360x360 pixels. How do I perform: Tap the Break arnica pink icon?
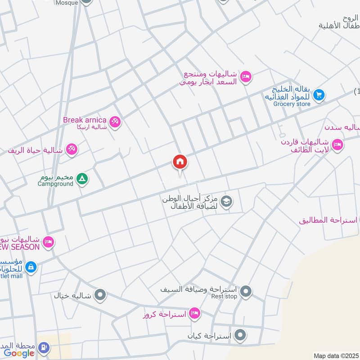tap(115, 121)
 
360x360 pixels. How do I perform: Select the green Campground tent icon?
tap(82, 179)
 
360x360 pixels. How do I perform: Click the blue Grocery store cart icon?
tap(319, 94)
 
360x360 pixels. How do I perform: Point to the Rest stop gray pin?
tap(245, 292)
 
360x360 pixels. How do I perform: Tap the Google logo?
tap(19, 353)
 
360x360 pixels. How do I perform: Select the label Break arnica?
tap(85, 120)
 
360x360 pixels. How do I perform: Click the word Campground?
tap(55, 184)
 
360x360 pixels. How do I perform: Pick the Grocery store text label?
tap(292, 104)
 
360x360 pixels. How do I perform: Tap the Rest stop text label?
tap(224, 297)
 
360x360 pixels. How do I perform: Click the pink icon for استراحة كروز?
tap(194, 314)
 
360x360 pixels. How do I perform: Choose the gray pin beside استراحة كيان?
tap(241, 335)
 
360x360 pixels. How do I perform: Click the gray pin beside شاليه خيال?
tap(100, 295)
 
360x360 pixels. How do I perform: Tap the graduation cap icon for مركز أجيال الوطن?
tap(227, 201)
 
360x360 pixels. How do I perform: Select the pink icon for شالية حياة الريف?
tap(72, 149)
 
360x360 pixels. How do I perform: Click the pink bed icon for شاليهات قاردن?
tap(337, 144)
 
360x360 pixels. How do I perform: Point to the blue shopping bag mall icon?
tap(31, 267)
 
